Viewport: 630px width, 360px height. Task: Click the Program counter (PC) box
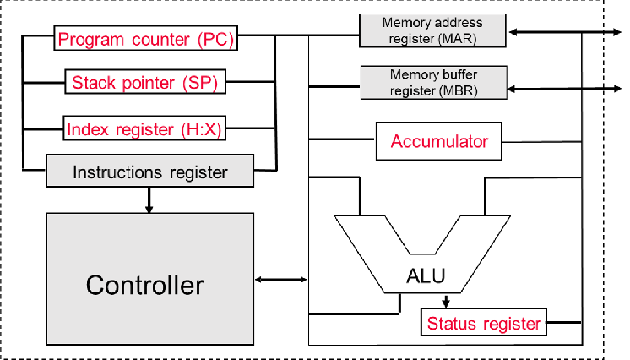click(x=145, y=39)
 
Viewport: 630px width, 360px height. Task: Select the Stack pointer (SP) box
click(x=145, y=82)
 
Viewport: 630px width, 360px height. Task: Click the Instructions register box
click(x=149, y=172)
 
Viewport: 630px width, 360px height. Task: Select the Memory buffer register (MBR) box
click(x=432, y=82)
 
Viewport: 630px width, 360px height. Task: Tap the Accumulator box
click(x=438, y=141)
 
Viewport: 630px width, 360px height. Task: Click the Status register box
click(x=483, y=323)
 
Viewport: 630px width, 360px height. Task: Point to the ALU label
click(x=426, y=276)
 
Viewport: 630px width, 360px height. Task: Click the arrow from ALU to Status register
click(x=447, y=300)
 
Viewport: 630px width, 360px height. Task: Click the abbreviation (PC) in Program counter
click(x=215, y=39)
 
